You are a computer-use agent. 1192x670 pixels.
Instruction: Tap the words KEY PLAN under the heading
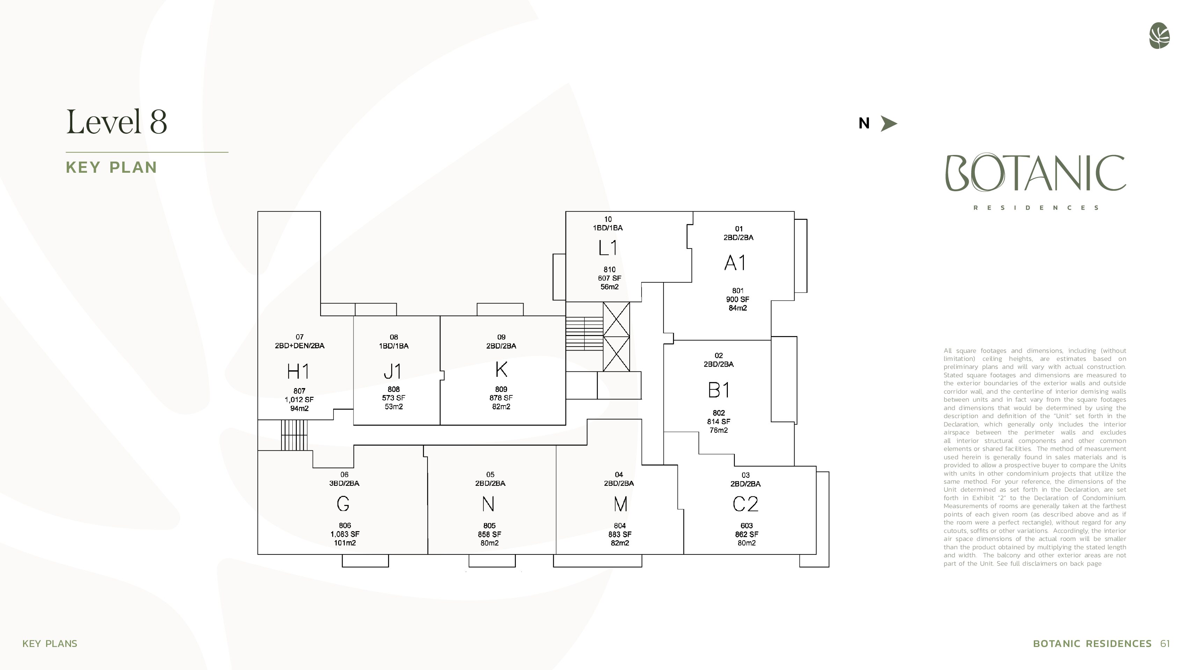[111, 167]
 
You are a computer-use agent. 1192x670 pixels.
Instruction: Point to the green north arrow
[888, 124]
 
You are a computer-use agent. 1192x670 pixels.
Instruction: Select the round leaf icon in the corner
[1159, 36]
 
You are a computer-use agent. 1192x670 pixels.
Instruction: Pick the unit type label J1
[393, 371]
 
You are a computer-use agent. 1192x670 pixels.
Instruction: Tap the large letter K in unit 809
[501, 370]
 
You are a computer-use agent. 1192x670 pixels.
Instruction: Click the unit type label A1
[735, 263]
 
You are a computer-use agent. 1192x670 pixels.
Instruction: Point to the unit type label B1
[719, 390]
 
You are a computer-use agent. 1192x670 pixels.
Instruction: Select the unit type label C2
[745, 504]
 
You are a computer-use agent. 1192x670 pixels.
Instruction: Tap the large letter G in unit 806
[343, 504]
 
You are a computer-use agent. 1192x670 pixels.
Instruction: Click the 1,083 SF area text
[345, 534]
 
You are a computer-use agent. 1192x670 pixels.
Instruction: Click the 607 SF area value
[609, 278]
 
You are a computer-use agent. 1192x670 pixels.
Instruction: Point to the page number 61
[1165, 643]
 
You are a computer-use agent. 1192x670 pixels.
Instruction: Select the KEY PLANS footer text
[50, 643]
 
